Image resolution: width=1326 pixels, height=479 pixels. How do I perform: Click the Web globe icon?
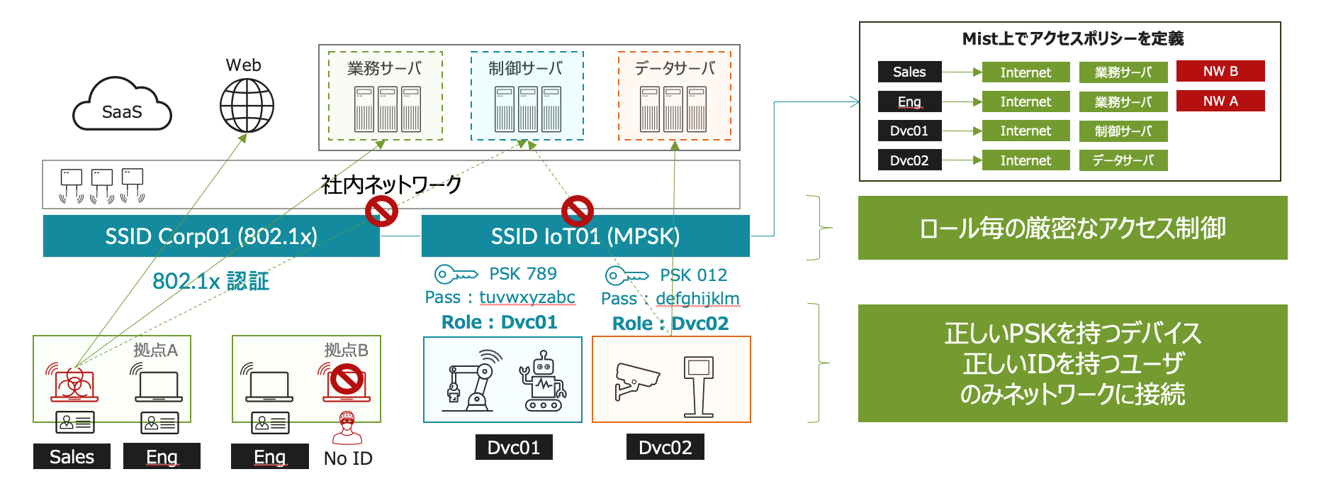coord(247,106)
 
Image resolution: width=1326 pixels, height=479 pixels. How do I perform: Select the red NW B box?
coord(1220,71)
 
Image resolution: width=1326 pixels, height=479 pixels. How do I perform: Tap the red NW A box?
coord(1220,101)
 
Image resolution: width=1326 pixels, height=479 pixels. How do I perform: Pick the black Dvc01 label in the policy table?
coord(909,131)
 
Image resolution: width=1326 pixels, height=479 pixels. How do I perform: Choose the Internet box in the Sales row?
coord(1025,72)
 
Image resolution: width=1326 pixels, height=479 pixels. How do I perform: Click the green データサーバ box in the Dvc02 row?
coord(1123,160)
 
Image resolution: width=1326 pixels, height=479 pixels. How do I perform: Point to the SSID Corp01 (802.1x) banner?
coord(211,236)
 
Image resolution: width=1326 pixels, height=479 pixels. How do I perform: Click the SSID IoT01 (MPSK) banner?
coord(585,236)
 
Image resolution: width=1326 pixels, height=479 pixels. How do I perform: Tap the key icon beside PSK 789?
coord(456,274)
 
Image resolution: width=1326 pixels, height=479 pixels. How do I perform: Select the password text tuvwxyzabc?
coord(527,297)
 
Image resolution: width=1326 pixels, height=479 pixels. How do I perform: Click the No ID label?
coord(348,458)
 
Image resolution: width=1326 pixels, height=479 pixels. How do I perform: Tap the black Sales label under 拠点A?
coord(72,456)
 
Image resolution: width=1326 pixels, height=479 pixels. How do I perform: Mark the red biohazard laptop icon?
coord(73,383)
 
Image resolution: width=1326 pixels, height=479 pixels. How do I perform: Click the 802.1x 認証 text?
coord(211,281)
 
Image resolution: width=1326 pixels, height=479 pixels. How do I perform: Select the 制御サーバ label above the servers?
coord(526,69)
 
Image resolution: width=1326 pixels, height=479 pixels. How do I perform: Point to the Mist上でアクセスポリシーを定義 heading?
coord(1072,39)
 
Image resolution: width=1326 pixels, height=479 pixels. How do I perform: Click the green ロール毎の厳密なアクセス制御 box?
coord(1072,228)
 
